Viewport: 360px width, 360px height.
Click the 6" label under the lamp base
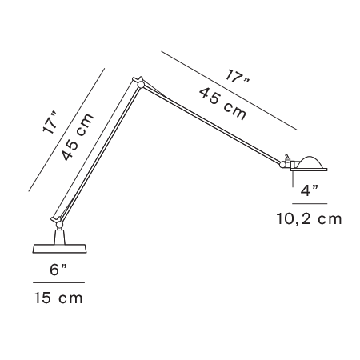(x=58, y=270)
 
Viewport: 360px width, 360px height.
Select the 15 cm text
(x=58, y=298)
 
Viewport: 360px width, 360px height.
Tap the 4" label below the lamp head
(x=310, y=190)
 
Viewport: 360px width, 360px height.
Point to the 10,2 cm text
(x=309, y=219)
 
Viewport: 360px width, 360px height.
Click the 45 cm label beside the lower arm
(x=78, y=137)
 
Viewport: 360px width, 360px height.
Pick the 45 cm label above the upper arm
(x=222, y=103)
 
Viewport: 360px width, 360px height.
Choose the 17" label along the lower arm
(x=50, y=123)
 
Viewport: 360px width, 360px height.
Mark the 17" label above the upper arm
(x=238, y=76)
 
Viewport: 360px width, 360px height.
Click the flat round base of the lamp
(x=59, y=248)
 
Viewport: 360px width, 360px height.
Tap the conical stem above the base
(x=59, y=237)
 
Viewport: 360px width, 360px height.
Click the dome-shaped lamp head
(x=310, y=163)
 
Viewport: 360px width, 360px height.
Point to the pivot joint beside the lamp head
(x=282, y=165)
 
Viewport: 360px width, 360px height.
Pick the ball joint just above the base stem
(x=59, y=226)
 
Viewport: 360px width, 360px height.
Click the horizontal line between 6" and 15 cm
(x=58, y=282)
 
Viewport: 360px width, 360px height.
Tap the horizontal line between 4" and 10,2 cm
(x=310, y=204)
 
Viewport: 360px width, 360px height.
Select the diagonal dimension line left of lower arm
(x=66, y=130)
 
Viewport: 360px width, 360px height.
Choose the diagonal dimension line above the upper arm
(x=230, y=91)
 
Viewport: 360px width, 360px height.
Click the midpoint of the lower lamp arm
(x=98, y=152)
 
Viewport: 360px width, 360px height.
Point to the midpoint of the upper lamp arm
(x=210, y=124)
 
